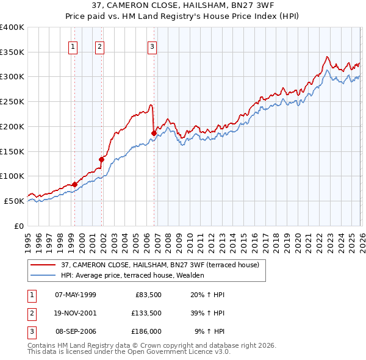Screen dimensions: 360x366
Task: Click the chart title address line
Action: coord(183,5)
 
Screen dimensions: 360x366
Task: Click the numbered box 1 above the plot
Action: coord(73,46)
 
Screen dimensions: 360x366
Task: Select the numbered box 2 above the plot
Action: coord(99,46)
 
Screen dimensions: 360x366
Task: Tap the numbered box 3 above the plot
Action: coord(152,46)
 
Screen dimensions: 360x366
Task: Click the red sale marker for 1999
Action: coord(74,184)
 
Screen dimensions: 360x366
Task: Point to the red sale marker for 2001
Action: coord(102,159)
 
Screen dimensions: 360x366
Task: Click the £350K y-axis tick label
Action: coord(12,52)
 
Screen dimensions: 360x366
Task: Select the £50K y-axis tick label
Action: coord(14,201)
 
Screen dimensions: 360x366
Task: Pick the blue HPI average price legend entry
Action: coord(132,275)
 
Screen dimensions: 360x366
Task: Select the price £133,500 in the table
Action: coord(146,314)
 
